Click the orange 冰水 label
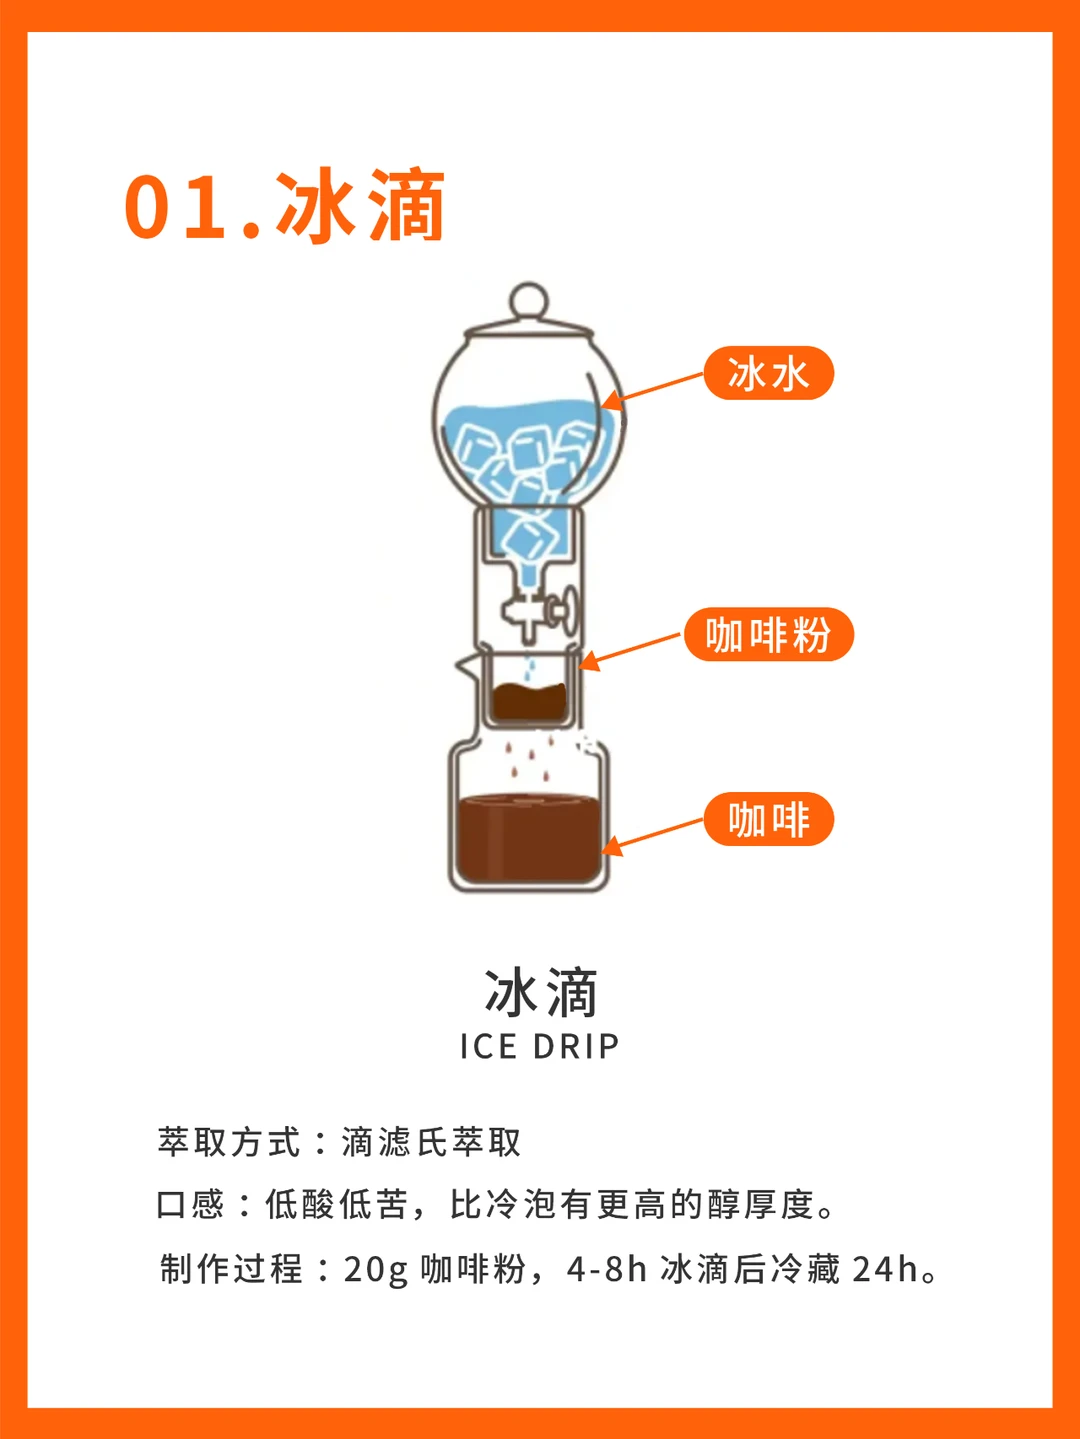(x=769, y=373)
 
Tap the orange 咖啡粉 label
(x=769, y=634)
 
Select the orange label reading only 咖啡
(x=769, y=819)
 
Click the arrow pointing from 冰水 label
(x=652, y=391)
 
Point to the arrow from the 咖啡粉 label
(x=630, y=652)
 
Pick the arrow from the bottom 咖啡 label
(x=652, y=837)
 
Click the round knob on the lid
(x=529, y=302)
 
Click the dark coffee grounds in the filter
(x=529, y=702)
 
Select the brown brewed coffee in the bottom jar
(x=529, y=837)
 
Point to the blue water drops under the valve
(x=530, y=669)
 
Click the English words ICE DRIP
(x=539, y=1046)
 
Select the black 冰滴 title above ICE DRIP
(x=541, y=993)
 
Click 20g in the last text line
(x=376, y=1270)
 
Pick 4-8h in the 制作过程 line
(x=607, y=1269)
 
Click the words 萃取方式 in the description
(x=229, y=1141)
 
